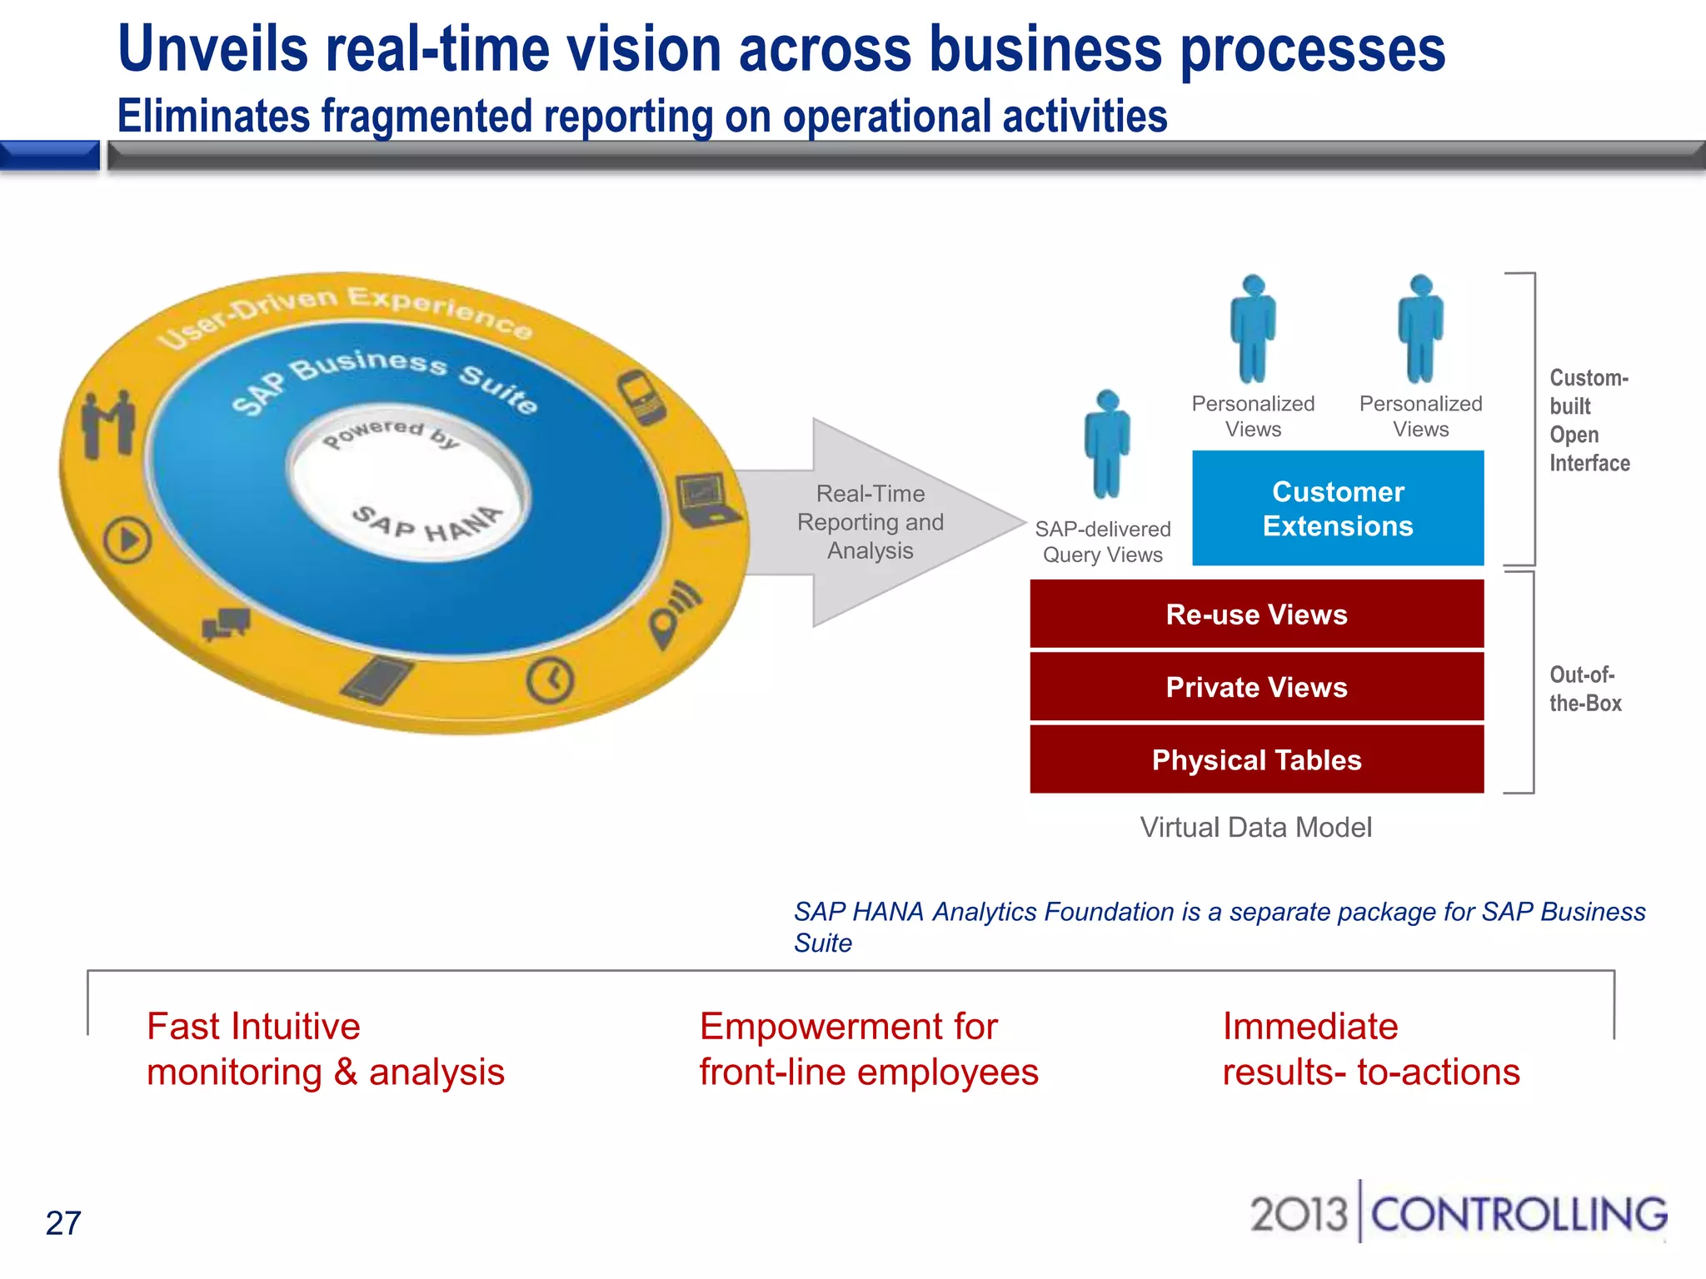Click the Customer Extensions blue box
pos(1338,508)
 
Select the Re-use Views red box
pos(1256,615)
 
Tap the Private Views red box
pos(1256,687)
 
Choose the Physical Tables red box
pos(1256,759)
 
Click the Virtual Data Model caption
pos(1255,827)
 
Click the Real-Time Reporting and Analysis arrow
pos(871,522)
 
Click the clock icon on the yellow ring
pos(550,680)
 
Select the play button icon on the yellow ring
pos(127,540)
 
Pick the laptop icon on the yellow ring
pos(705,500)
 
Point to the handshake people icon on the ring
pos(108,424)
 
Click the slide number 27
pos(63,1223)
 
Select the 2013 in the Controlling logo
pos(1298,1214)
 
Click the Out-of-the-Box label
pos(1584,689)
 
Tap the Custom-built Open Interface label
pos(1589,421)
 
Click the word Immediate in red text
pos(1309,1027)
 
